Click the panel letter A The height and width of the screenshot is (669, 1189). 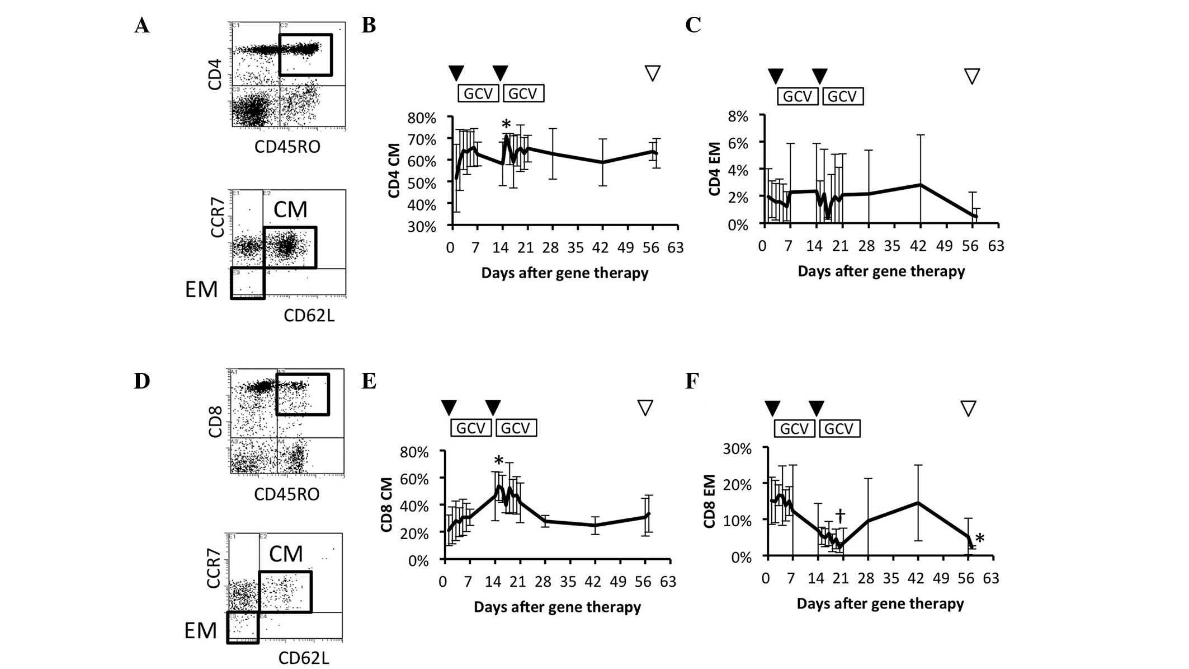point(142,25)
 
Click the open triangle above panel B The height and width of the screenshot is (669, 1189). point(653,73)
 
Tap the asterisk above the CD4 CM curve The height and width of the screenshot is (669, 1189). point(506,124)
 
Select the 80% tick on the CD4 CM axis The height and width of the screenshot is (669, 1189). point(422,118)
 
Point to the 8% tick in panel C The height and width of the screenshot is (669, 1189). point(738,116)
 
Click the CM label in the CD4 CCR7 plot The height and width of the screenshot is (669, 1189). point(290,210)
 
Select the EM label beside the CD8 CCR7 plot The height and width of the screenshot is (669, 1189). point(200,631)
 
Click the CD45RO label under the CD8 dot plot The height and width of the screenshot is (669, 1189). point(286,494)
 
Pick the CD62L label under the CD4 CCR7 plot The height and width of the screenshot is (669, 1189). point(309,316)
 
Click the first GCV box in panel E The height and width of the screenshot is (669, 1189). point(471,428)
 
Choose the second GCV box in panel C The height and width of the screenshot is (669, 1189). point(842,96)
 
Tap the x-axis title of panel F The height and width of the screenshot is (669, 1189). point(880,603)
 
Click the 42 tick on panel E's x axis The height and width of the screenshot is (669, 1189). point(593,582)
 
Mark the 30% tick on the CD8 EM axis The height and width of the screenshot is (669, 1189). point(738,449)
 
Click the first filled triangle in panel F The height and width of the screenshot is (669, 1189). point(772,408)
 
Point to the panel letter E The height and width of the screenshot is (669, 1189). point(369,381)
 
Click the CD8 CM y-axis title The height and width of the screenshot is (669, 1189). point(386,504)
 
